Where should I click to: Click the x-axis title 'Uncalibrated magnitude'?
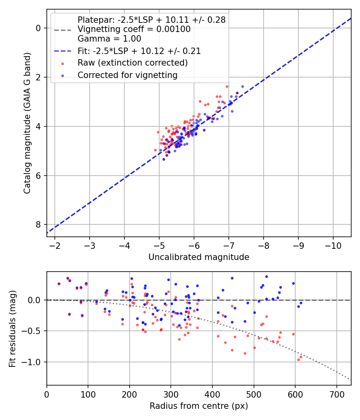199,257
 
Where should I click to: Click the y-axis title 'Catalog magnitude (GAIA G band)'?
27,122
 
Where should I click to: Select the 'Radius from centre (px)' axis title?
199,406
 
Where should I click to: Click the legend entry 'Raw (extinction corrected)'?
132,63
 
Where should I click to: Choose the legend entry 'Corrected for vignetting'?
128,75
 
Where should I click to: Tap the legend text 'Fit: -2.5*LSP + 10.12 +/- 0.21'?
139,51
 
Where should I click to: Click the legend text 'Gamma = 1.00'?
109,39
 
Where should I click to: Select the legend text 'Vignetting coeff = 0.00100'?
134,29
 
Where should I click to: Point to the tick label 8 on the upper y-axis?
38,225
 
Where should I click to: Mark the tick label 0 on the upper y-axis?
38,28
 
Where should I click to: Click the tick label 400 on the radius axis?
212,394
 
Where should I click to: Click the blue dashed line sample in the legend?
62,51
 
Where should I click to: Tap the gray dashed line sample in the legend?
62,30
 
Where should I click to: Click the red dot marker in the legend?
62,63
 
